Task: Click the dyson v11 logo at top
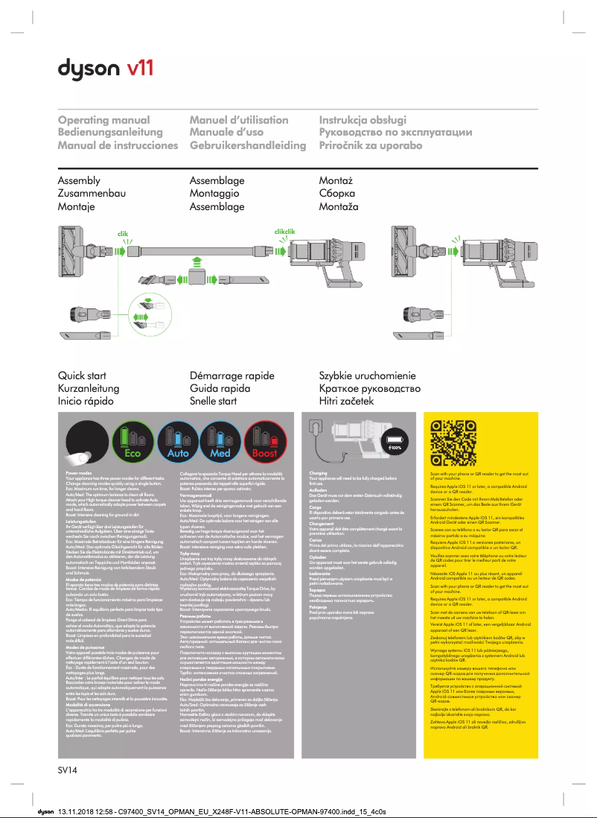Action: [x=106, y=69]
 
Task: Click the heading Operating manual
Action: [x=103, y=120]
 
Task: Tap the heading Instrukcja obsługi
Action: [x=363, y=120]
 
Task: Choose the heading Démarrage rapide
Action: [x=232, y=375]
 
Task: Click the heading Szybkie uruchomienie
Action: [x=367, y=375]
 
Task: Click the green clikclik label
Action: [x=285, y=232]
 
